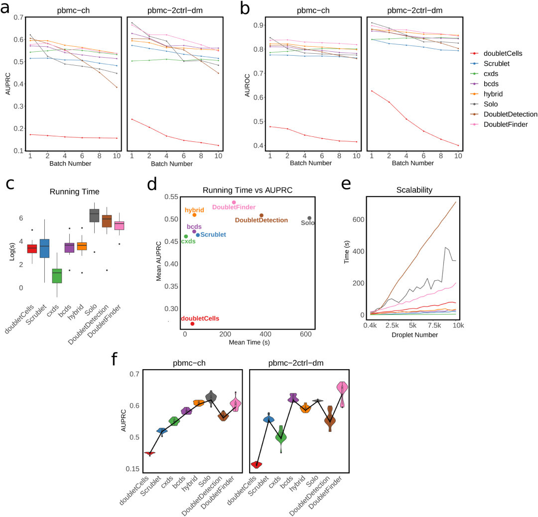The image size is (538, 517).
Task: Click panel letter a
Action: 8,8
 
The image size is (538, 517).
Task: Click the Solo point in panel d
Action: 309,218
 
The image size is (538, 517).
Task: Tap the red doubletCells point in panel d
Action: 192,324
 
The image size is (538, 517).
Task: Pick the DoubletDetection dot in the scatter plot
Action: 262,215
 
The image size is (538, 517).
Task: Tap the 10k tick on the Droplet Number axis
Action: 458,325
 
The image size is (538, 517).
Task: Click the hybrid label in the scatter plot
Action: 194,210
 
